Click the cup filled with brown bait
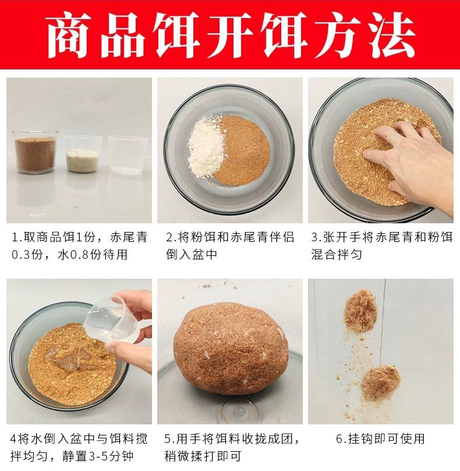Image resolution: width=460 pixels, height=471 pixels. click(35, 153)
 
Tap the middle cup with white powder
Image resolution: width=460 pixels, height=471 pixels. click(83, 154)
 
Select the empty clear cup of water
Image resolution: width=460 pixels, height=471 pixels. click(128, 155)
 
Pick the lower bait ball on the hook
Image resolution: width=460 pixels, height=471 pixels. click(380, 382)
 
